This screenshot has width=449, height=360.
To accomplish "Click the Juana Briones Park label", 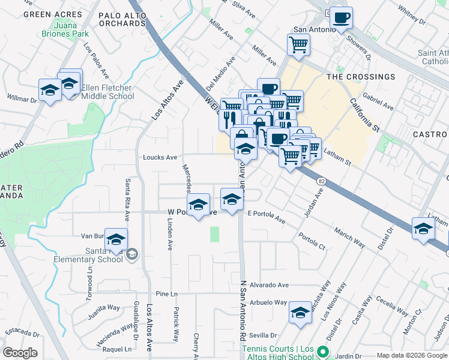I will coord(71,30).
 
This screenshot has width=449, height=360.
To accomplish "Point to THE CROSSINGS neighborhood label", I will coord(361,77).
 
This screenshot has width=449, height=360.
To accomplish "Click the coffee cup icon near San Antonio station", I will coord(341,18).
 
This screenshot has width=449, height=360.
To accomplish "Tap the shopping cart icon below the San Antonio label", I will coord(298,44).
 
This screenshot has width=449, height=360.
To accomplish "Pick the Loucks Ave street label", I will coord(160,158).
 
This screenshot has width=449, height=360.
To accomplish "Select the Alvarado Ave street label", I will coord(270,285).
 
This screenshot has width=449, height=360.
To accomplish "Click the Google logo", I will coord(20,353).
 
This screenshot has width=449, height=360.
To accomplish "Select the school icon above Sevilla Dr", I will coord(300,313).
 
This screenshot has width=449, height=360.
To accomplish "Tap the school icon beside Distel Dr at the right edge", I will coord(423,229).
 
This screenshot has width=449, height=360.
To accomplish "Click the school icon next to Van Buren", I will coord(116,239).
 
